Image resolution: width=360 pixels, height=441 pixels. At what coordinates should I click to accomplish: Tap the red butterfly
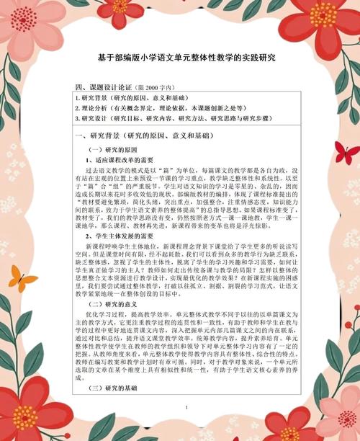346,152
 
